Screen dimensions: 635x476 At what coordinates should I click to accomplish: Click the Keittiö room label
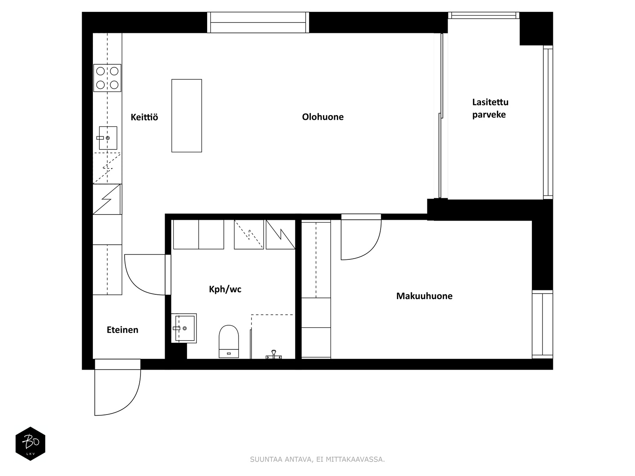pyautogui.click(x=144, y=117)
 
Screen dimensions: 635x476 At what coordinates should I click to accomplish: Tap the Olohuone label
pyautogui.click(x=323, y=117)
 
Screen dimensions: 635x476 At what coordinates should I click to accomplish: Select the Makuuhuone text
pyautogui.click(x=424, y=296)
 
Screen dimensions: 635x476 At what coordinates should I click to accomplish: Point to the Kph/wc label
pyautogui.click(x=225, y=289)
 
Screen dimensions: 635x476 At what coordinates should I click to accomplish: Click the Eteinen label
pyautogui.click(x=122, y=330)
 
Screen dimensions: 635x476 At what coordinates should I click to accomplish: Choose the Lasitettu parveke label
pyautogui.click(x=490, y=108)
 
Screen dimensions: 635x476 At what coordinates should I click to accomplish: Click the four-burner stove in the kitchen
pyautogui.click(x=107, y=78)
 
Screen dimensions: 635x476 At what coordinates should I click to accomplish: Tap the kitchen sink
pyautogui.click(x=108, y=138)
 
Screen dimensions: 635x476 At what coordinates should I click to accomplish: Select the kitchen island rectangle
pyautogui.click(x=187, y=115)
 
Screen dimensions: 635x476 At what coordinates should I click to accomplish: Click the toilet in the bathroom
pyautogui.click(x=229, y=341)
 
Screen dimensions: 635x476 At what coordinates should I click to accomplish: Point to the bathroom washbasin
pyautogui.click(x=184, y=328)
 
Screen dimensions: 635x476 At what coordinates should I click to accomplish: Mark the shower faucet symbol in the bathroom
pyautogui.click(x=273, y=355)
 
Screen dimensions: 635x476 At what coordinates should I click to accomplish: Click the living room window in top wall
pyautogui.click(x=258, y=22)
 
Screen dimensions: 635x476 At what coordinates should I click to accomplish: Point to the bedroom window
pyautogui.click(x=543, y=324)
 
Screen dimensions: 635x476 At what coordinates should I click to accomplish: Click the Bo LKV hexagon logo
pyautogui.click(x=31, y=443)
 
